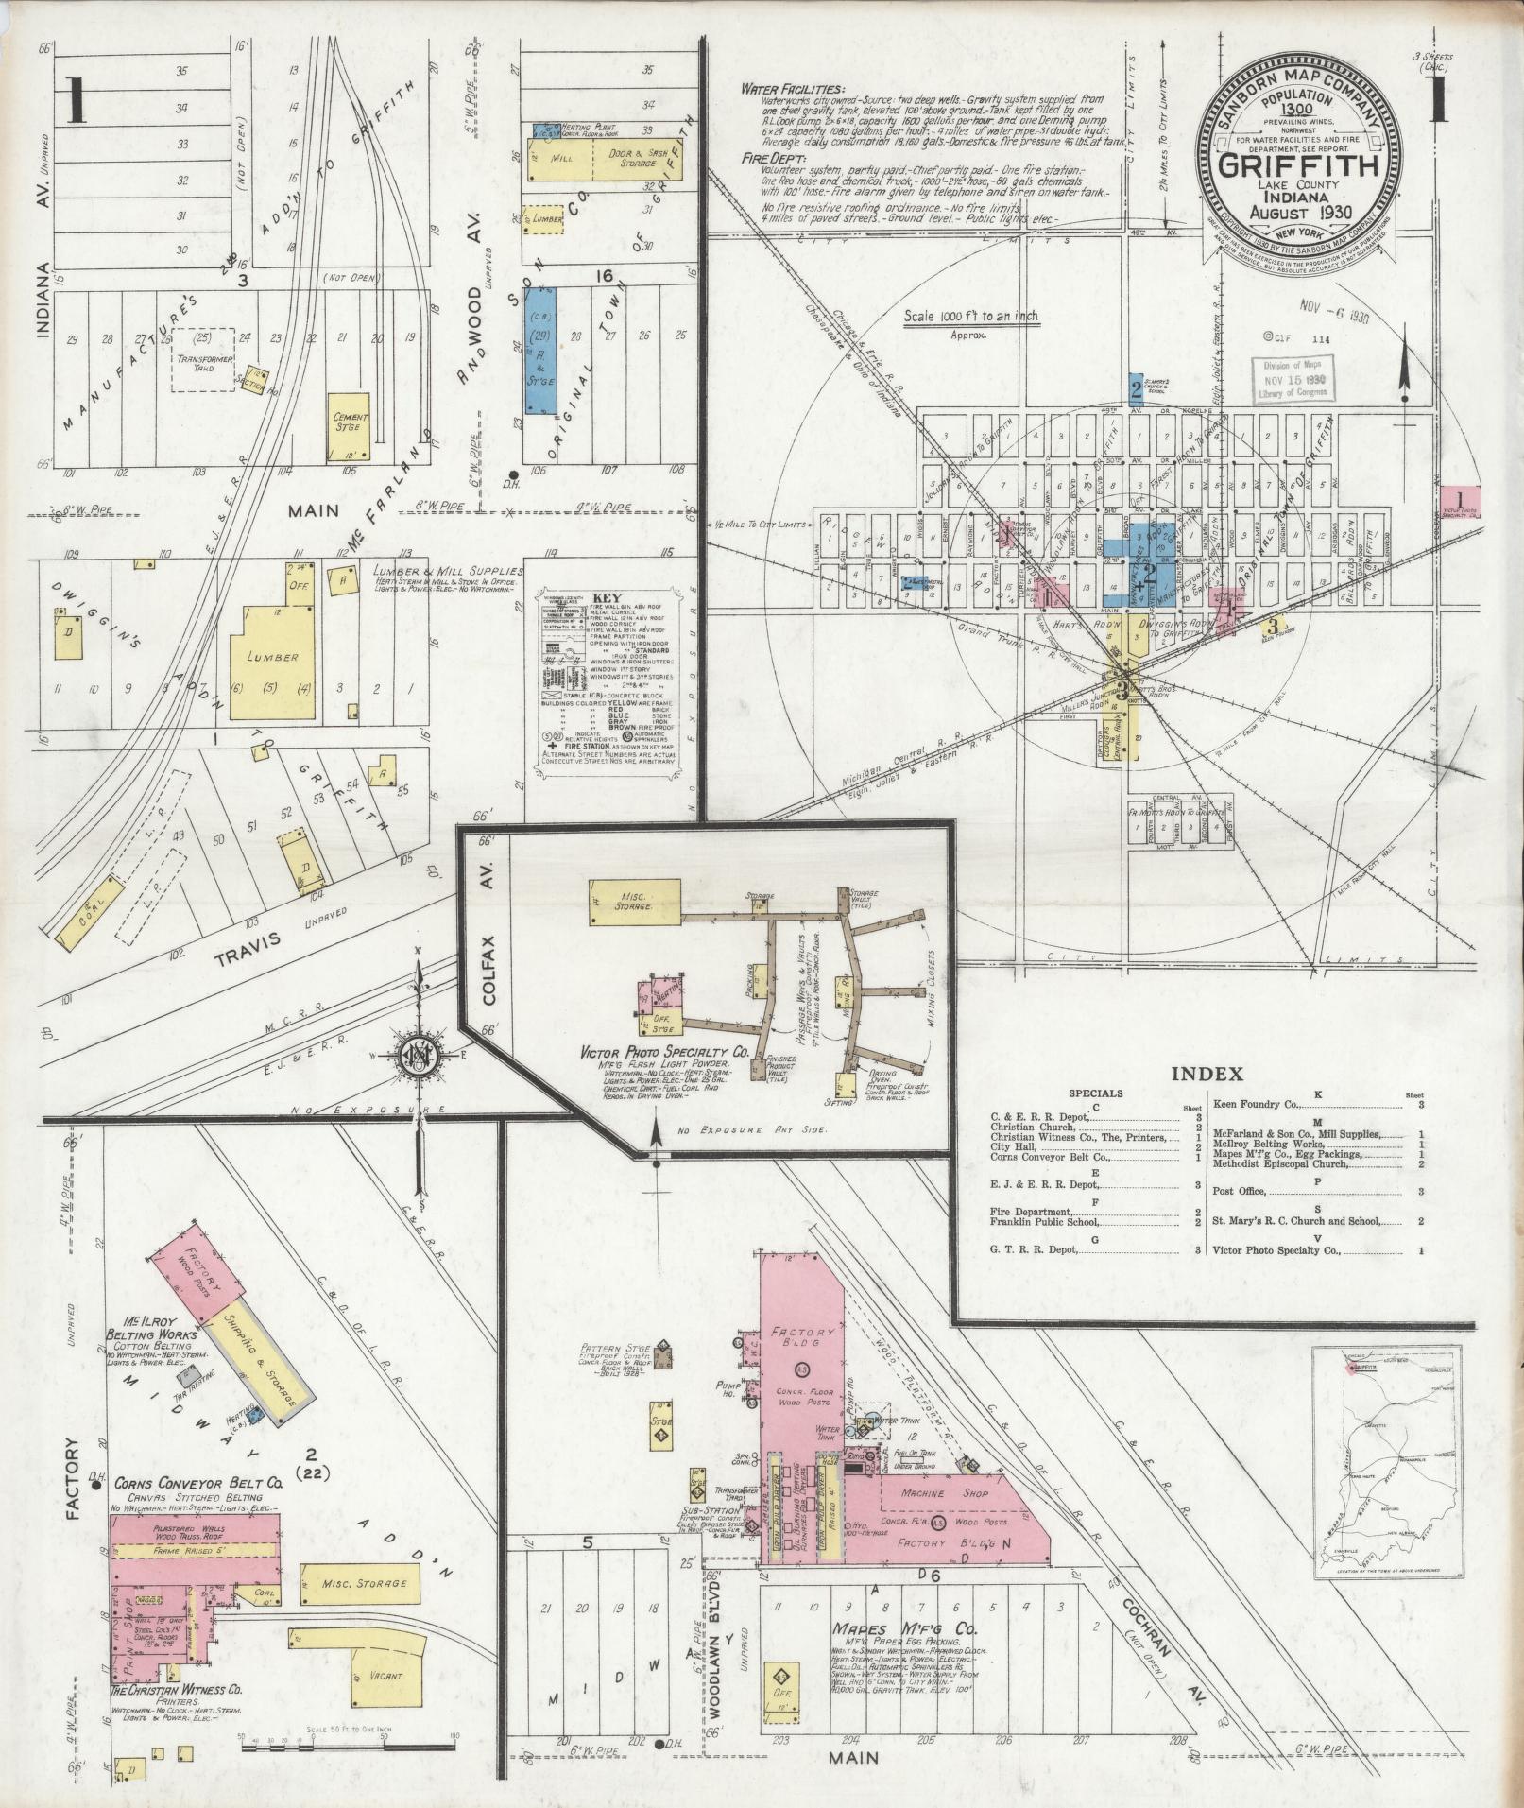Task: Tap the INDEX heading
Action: [1207, 1074]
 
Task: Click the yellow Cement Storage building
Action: [349, 422]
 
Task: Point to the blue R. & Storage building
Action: [539, 351]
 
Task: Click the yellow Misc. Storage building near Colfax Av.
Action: [633, 901]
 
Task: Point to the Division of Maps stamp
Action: [1292, 377]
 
